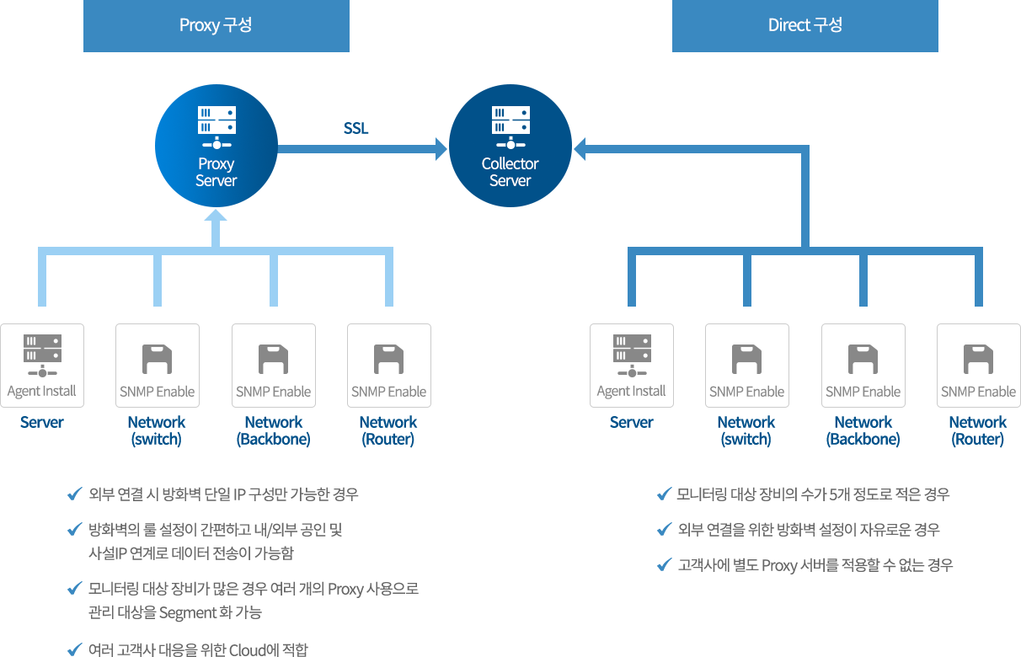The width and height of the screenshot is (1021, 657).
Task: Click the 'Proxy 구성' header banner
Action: pos(216,25)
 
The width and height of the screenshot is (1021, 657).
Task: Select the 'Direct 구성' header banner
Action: pos(805,25)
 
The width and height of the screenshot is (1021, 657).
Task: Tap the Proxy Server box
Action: pos(216,145)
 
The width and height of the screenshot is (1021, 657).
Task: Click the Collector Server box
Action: pos(510,145)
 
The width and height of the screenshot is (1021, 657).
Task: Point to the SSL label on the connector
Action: pos(356,129)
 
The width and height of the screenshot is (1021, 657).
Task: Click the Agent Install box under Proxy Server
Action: pos(42,366)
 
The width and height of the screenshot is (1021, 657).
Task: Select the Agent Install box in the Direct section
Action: pos(632,366)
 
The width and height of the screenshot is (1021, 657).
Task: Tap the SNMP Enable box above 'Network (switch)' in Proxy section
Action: pos(158,366)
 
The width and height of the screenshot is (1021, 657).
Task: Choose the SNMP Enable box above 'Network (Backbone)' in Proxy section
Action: pos(274,366)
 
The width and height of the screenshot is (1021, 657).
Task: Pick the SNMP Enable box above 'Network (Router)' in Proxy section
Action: pos(389,366)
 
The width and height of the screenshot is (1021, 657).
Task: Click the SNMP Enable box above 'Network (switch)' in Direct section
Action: pos(747,366)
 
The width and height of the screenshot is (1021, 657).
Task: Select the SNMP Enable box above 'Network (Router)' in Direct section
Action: pos(979,366)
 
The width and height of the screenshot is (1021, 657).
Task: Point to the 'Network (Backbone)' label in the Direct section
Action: pos(863,430)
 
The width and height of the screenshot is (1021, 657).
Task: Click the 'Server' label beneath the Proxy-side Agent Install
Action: pos(42,422)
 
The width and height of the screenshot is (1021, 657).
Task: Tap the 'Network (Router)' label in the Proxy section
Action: pos(388,430)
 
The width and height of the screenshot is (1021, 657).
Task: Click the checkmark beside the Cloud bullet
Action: pos(73,649)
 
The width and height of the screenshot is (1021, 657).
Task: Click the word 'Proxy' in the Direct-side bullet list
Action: pos(779,565)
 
